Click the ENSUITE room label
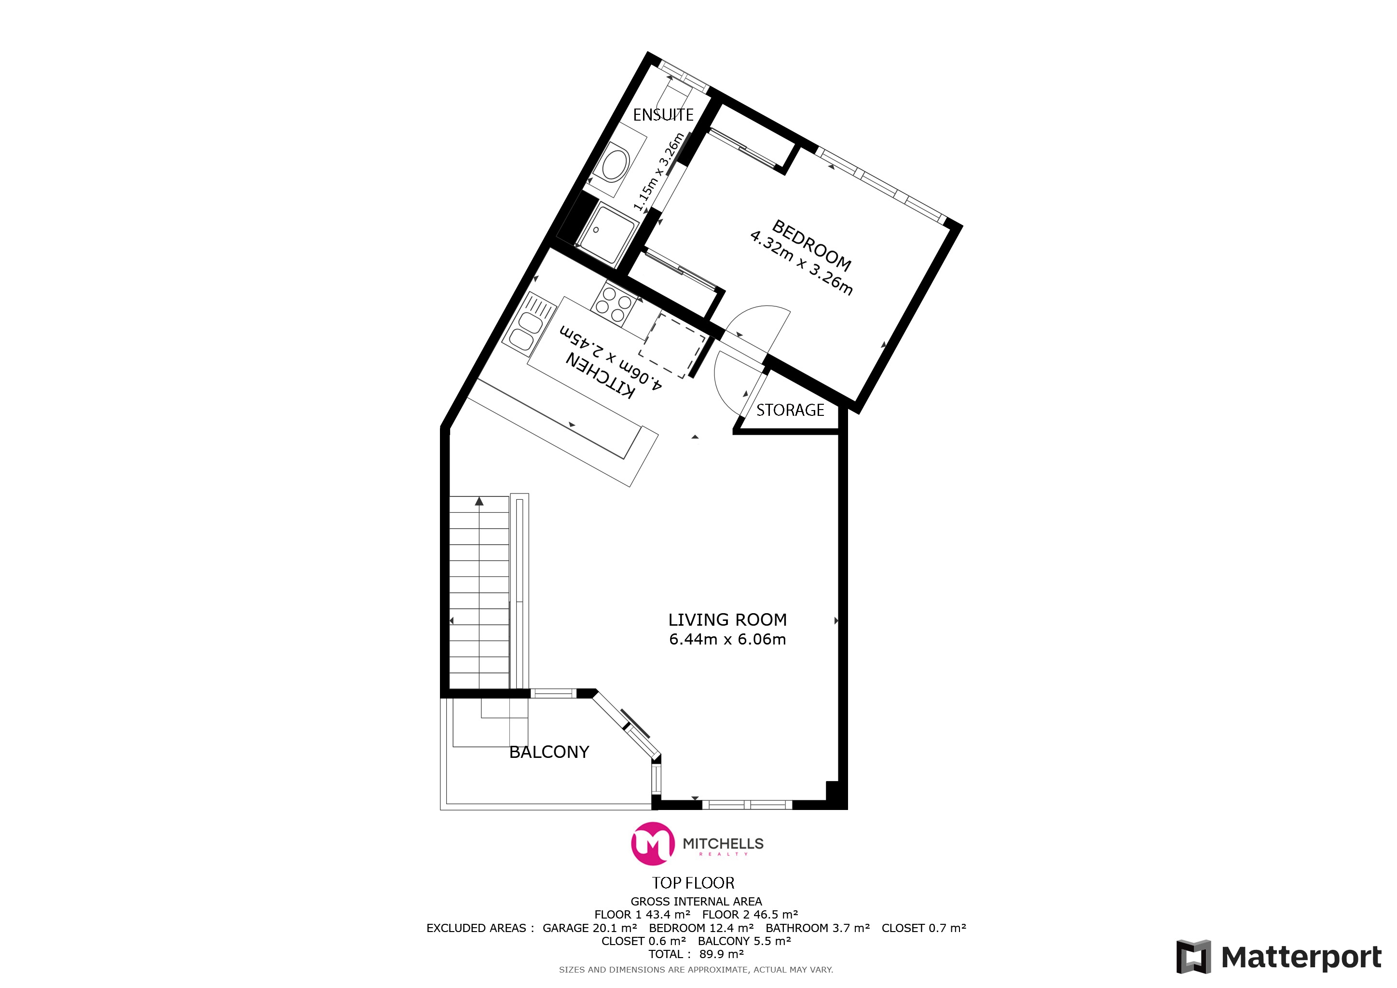point(663,115)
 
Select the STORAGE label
point(790,411)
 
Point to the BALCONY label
point(549,753)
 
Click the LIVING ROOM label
point(728,620)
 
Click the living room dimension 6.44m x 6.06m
point(728,639)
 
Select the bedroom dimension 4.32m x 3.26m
point(801,262)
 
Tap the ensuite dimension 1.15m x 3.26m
point(659,172)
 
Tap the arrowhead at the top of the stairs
point(479,501)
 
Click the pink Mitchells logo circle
point(653,844)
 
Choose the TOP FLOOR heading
point(693,883)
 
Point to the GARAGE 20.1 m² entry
point(589,928)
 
